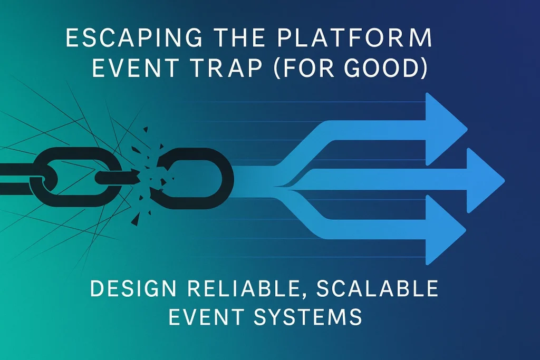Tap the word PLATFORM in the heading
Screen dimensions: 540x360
pyautogui.click(x=355, y=37)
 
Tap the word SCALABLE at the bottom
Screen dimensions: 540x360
pyautogui.click(x=377, y=288)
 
